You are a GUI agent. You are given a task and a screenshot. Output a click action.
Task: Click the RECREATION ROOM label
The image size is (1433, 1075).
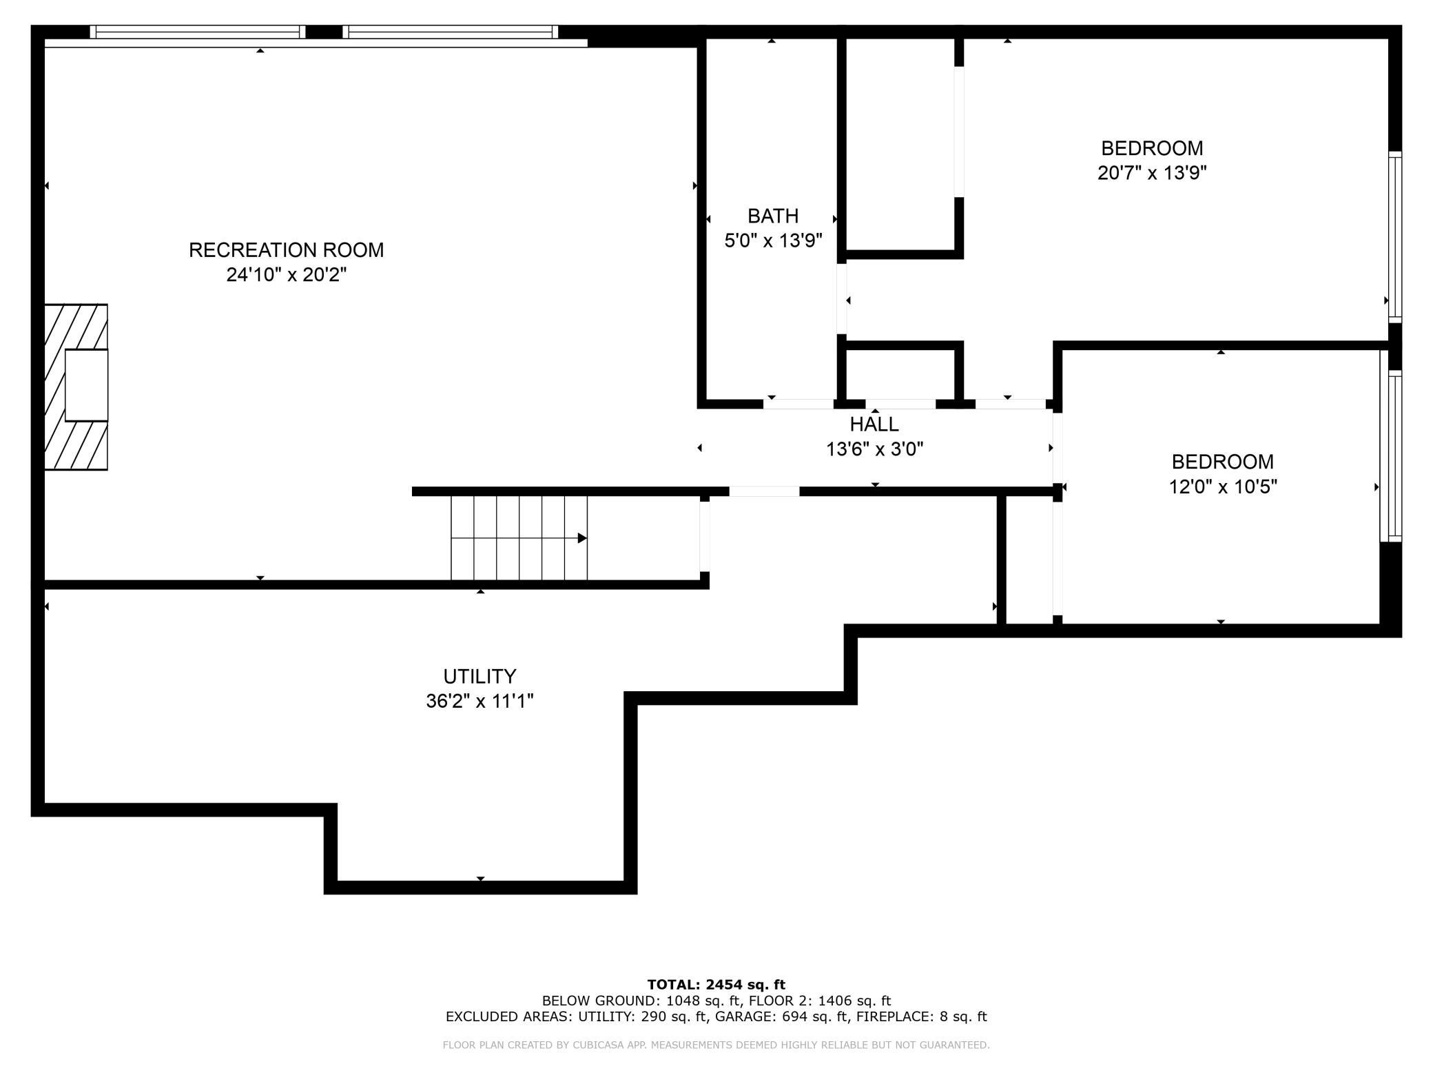(286, 249)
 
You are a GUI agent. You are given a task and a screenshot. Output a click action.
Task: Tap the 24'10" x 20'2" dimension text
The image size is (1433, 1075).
(286, 275)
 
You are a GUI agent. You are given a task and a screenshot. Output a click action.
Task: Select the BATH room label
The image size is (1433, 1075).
(773, 216)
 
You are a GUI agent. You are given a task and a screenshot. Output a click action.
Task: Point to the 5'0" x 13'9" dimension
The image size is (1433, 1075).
(773, 240)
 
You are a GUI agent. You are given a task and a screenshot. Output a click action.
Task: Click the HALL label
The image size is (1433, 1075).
(874, 424)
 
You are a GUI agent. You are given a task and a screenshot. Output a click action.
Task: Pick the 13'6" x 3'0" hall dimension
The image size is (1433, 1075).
(874, 449)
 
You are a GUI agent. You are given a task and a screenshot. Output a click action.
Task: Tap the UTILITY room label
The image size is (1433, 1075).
(480, 676)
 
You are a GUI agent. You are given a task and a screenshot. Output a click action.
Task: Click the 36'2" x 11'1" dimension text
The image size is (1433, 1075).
(480, 701)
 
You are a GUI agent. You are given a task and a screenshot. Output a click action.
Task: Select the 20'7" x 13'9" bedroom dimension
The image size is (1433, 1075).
(1152, 172)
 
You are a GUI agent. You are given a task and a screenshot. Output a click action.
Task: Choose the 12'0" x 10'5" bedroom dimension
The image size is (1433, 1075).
(1223, 487)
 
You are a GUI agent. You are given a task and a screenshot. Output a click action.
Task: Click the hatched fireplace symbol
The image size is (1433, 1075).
(76, 387)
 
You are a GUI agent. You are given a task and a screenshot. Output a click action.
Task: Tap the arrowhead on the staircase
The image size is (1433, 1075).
(582, 538)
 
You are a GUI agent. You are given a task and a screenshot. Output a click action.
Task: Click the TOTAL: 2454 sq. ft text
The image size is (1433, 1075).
(716, 985)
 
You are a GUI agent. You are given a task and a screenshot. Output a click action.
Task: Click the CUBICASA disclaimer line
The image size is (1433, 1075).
(716, 1045)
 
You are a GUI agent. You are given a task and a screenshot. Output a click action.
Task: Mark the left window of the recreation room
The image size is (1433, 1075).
(198, 32)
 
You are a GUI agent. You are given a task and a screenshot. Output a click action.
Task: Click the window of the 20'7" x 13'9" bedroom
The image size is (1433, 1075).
(1394, 236)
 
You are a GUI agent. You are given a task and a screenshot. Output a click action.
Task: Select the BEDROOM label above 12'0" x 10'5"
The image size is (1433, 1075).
(1223, 462)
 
